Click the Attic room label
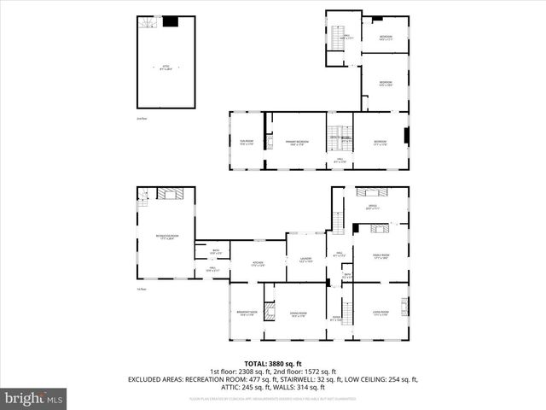166,67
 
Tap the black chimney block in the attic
171,22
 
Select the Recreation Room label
166,237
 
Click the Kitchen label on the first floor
258,264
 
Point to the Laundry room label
305,259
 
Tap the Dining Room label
297,314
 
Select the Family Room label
381,256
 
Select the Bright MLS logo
33,397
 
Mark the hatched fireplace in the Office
372,192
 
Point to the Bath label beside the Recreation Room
215,252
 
